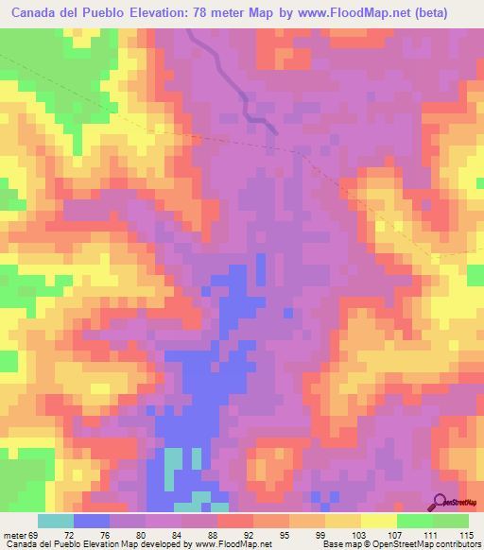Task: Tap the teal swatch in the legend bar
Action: (x=56, y=521)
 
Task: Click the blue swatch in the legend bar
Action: (x=92, y=521)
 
